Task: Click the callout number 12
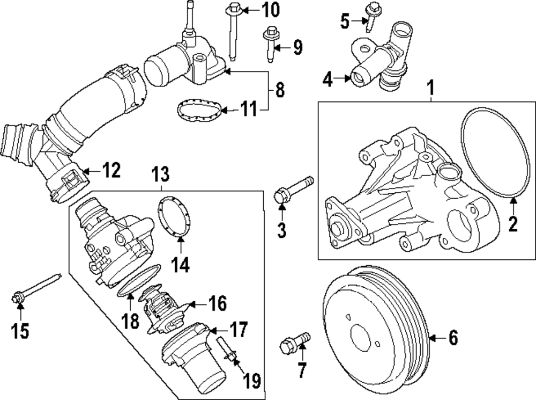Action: click(x=113, y=171)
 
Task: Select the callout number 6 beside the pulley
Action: click(x=453, y=338)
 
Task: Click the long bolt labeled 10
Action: click(x=233, y=32)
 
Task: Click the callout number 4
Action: click(x=328, y=81)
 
